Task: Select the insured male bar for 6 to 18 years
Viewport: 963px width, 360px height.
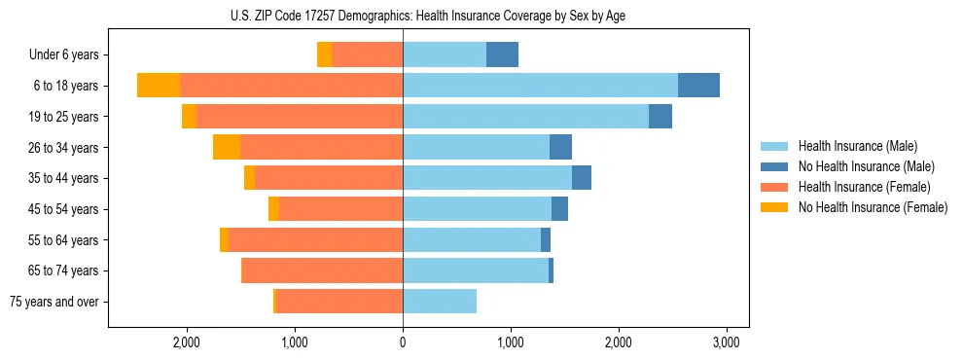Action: [x=540, y=86]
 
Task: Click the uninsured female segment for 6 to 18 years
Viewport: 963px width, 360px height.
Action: [x=159, y=86]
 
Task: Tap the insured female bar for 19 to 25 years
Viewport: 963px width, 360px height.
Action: [x=300, y=117]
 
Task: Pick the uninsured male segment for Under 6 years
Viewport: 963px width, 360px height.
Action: [x=502, y=55]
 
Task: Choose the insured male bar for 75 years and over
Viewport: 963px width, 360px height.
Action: [x=440, y=302]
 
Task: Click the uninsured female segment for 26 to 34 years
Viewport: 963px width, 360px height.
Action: [x=227, y=147]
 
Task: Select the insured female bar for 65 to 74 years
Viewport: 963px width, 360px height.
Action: [x=322, y=270]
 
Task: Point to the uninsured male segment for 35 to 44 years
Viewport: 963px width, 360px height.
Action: [x=582, y=178]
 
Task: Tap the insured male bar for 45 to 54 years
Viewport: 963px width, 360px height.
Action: [x=477, y=209]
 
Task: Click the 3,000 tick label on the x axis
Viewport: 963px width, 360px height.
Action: [x=727, y=342]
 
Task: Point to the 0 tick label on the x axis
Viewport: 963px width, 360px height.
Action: [x=403, y=342]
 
